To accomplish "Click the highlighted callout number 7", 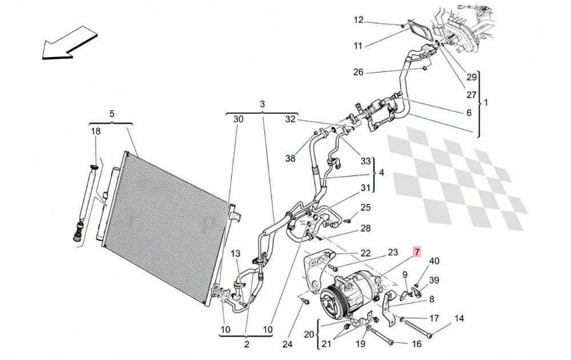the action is [417, 251].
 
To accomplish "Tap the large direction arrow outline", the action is [69, 43].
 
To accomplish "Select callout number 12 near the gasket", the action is [359, 19].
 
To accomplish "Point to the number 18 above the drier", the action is [95, 131].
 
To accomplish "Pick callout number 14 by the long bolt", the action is [459, 318].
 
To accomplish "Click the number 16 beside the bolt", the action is [416, 343].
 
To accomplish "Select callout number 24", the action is [287, 344].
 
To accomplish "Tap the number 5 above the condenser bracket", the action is [112, 114].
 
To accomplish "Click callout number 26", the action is [359, 72].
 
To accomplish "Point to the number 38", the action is [290, 158].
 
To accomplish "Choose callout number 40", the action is [434, 261].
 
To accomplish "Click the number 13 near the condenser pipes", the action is [235, 253].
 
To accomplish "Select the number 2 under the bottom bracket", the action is [247, 345].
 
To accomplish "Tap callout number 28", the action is [365, 229].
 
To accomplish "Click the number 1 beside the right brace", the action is [485, 103].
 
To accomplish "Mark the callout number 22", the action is [365, 253].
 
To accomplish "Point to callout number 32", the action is [290, 119].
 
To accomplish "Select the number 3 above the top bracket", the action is [262, 104].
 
